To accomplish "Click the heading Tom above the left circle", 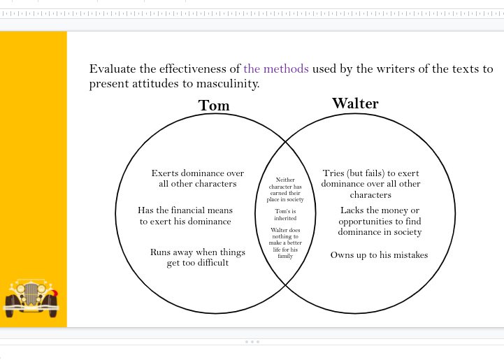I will click(x=214, y=106).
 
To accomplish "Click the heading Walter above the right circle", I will click(x=355, y=103).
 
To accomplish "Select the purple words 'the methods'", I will click(x=276, y=69).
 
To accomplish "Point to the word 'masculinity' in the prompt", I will click(x=226, y=84).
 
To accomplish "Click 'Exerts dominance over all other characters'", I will click(x=198, y=178).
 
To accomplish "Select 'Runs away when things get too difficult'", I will click(x=198, y=257).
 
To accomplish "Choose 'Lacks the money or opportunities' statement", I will click(x=380, y=221).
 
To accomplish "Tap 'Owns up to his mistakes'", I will click(x=379, y=255).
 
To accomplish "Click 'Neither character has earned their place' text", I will click(x=286, y=189).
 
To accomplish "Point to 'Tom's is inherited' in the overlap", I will click(x=286, y=215).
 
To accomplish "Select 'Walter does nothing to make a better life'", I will click(x=285, y=243).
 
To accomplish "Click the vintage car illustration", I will click(x=31, y=296).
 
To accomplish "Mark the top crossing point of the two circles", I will click(x=286, y=143).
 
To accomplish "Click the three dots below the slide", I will click(x=252, y=342).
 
